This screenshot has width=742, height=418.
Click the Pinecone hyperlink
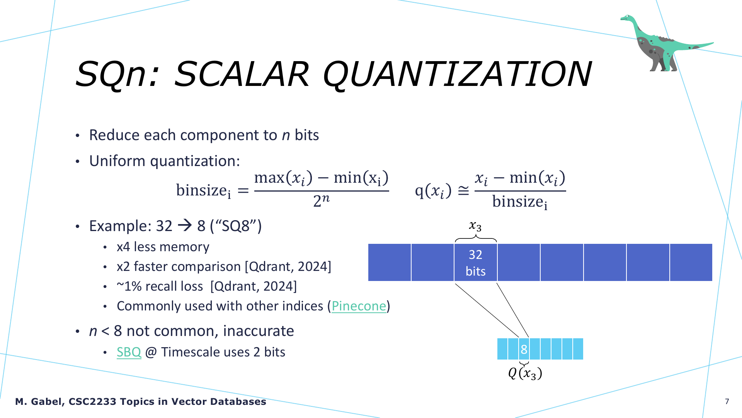click(359, 306)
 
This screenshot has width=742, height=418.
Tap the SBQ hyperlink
click(129, 352)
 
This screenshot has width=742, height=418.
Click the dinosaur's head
click(627, 18)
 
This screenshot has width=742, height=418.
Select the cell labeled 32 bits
click(476, 262)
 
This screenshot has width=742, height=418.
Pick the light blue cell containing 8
click(524, 349)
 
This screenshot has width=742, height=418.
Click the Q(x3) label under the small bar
click(525, 373)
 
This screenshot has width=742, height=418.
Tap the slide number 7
click(727, 402)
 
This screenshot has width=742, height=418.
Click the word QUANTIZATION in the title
click(457, 74)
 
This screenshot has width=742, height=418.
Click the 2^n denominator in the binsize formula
click(322, 201)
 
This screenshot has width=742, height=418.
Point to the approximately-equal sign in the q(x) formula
click(463, 190)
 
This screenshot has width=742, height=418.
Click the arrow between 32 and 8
click(185, 226)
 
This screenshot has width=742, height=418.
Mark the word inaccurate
click(259, 331)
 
